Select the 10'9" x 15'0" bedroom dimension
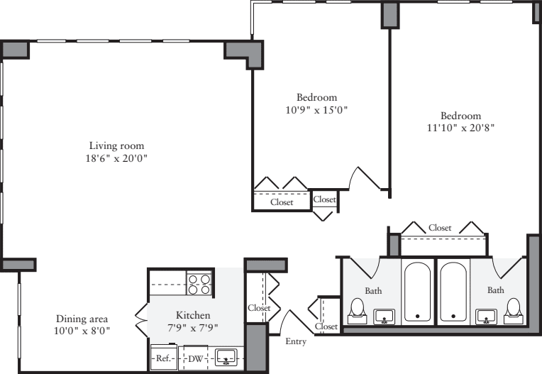[316, 110]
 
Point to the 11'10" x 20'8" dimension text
[460, 128]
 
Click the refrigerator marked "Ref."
[162, 358]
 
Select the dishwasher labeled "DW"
[194, 358]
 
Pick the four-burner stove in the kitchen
[199, 284]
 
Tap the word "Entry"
[297, 342]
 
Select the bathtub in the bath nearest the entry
[417, 292]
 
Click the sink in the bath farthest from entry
[486, 315]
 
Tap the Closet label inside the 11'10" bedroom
[440, 228]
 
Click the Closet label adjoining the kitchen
[258, 308]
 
